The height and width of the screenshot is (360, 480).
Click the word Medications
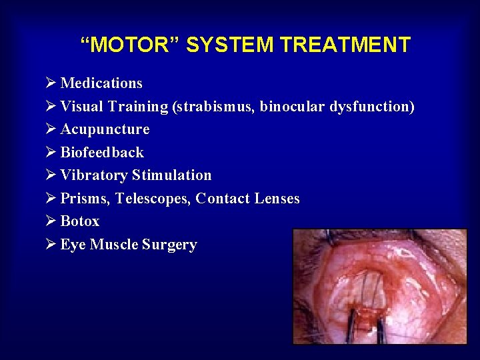[x=101, y=83]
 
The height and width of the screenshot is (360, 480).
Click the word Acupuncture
[x=105, y=129]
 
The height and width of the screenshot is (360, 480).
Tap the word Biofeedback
[x=102, y=153]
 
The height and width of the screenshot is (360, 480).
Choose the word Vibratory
[x=94, y=175]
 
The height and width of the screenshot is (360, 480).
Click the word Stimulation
[x=171, y=175]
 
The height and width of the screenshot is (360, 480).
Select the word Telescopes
[x=153, y=199]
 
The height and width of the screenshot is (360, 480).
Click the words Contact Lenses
[x=248, y=199]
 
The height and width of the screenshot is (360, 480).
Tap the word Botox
[x=80, y=221]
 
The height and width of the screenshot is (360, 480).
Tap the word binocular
[x=292, y=107]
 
